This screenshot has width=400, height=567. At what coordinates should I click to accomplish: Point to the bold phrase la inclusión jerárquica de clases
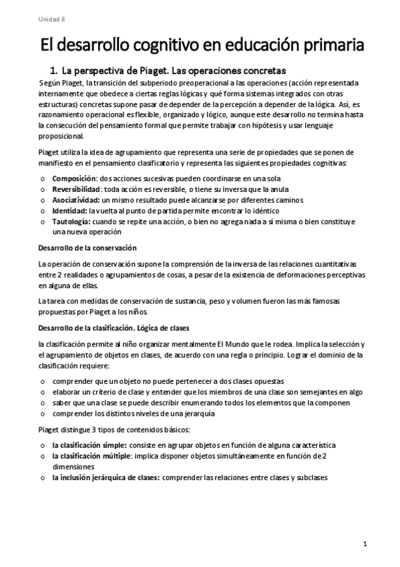(x=106, y=477)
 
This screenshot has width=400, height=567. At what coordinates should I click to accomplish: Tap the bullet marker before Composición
(x=42, y=179)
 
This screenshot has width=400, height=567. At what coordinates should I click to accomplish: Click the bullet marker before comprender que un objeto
(x=42, y=381)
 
